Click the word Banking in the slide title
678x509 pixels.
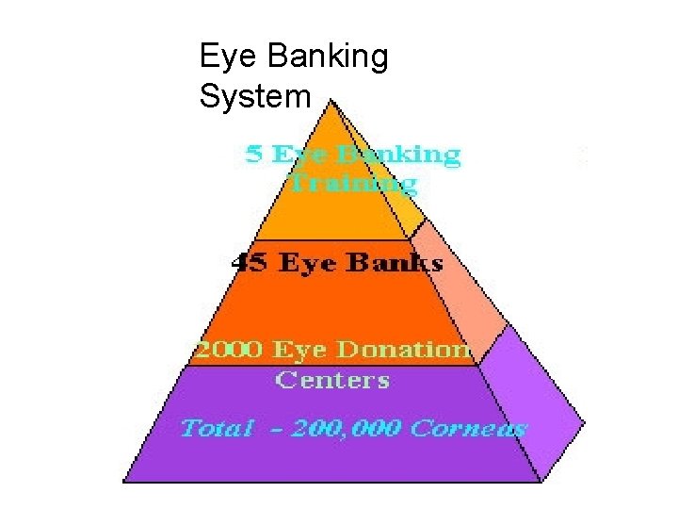[328, 58]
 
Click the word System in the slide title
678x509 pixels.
[255, 95]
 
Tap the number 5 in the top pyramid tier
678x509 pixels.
[253, 155]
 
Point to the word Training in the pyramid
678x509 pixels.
[351, 181]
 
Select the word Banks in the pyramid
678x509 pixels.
[395, 263]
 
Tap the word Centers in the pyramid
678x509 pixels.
[331, 380]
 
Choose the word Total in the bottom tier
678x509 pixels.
[217, 429]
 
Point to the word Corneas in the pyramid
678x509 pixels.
[470, 429]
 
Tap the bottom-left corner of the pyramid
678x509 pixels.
[125, 481]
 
